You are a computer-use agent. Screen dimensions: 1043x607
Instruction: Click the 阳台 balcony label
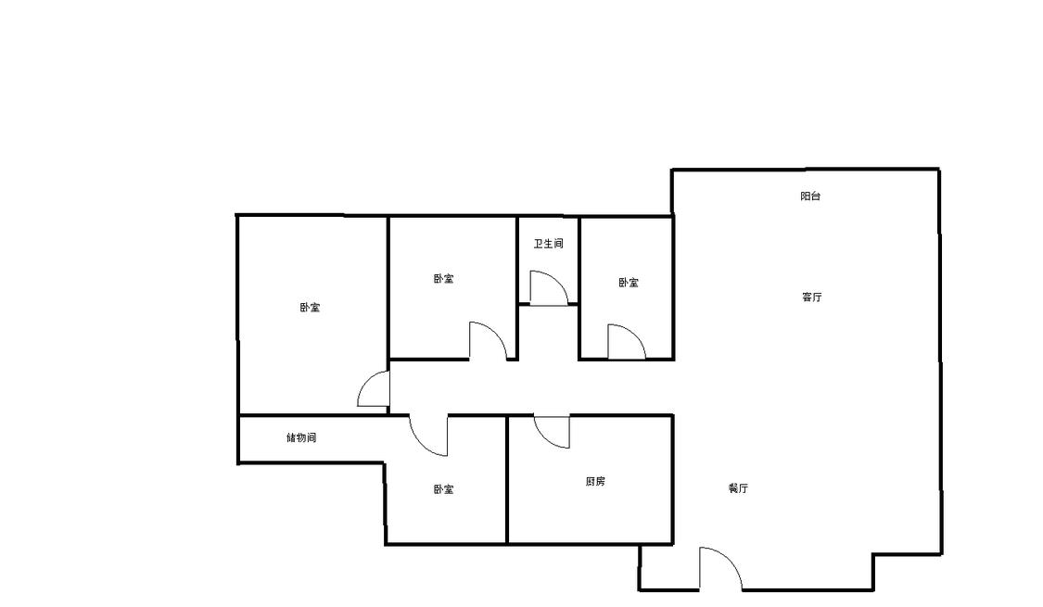tap(810, 196)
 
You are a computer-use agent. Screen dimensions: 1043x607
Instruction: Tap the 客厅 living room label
tap(811, 297)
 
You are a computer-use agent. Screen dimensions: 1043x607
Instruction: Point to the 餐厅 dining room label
tap(738, 488)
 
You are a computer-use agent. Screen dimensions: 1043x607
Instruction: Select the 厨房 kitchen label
tap(595, 481)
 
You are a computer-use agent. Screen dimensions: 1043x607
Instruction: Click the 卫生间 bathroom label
tap(549, 244)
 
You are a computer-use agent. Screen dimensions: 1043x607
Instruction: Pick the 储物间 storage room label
tap(301, 438)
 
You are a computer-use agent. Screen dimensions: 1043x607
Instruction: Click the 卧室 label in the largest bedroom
tap(310, 308)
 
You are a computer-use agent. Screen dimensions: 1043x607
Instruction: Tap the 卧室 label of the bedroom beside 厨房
tap(444, 489)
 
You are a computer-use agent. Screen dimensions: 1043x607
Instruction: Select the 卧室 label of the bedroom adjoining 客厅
tap(629, 283)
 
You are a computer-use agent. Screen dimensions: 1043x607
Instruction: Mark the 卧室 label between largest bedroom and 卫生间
tap(444, 279)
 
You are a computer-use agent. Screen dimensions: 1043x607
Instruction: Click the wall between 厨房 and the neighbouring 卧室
tap(507, 479)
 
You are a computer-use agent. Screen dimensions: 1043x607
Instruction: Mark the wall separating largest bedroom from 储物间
tap(312, 415)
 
